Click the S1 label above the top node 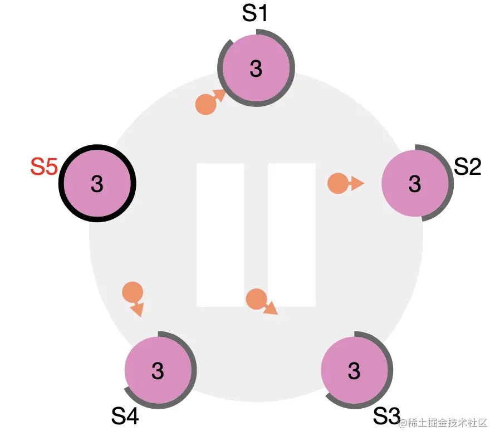click(255, 14)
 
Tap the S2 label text click(467, 166)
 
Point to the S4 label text click(125, 415)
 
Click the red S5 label click(44, 166)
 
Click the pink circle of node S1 click(256, 68)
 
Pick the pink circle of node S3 click(354, 370)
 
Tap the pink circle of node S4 click(158, 370)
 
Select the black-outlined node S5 click(97, 183)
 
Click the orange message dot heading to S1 click(205, 105)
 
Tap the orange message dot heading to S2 click(337, 183)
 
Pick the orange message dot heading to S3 click(256, 299)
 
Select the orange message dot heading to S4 click(132, 292)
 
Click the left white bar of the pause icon click(220, 234)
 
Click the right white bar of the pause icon click(292, 234)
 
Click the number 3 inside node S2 click(414, 183)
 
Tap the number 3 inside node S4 click(158, 371)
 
